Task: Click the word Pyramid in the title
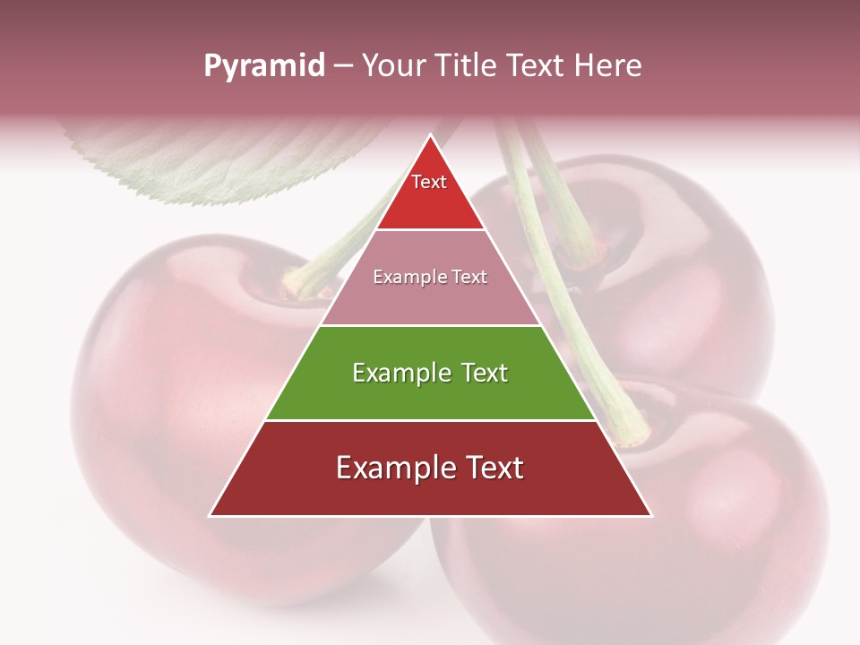tap(263, 66)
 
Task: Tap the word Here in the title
tap(610, 66)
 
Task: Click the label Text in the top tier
tap(429, 182)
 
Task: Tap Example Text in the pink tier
tap(430, 277)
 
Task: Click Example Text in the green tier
tap(430, 373)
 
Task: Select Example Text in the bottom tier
tap(430, 468)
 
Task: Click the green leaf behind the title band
tap(224, 161)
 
